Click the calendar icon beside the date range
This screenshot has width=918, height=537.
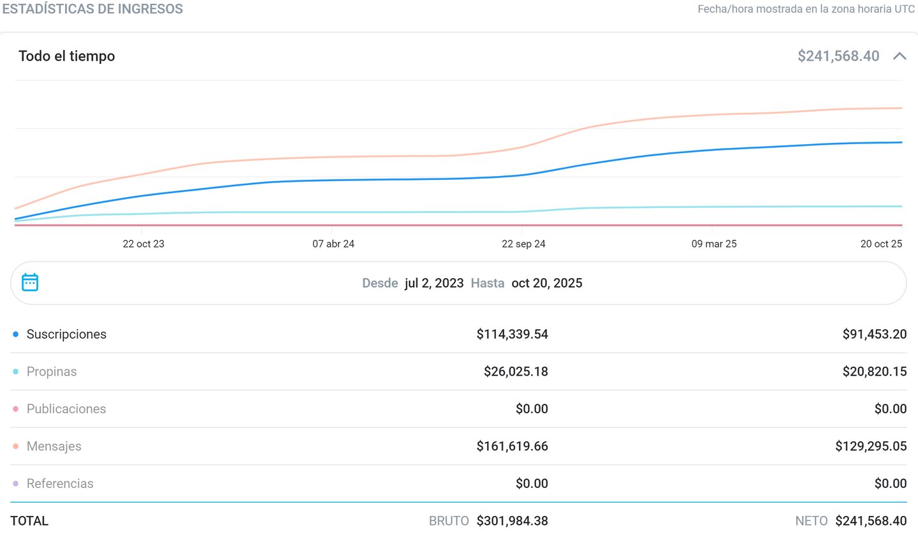coord(30,282)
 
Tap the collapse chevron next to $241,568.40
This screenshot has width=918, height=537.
coord(900,56)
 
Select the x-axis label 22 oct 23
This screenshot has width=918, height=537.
coord(143,244)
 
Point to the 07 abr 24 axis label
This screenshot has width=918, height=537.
coord(333,244)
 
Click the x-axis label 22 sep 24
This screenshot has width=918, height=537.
coord(523,244)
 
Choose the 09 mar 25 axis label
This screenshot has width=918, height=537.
coord(714,244)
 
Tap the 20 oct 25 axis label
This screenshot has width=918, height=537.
coord(881,244)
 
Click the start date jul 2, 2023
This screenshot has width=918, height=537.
coord(434,283)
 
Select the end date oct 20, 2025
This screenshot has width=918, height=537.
coord(547,283)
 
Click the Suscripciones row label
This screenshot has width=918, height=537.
coord(66,334)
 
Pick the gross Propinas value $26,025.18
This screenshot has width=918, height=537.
coord(516,371)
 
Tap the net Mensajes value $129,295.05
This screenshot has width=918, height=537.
coord(871,446)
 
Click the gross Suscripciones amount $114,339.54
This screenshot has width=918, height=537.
coord(512,334)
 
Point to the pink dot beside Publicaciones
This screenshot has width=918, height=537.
coord(15,409)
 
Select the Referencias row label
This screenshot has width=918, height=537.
coord(60,483)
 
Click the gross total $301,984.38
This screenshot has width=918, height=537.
coord(512,520)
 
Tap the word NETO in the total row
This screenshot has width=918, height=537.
coord(812,520)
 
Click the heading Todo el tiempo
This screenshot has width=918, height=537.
coord(67,56)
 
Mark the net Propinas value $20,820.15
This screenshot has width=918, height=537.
coord(874,371)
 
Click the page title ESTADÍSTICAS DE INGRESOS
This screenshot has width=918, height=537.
coord(92,9)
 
